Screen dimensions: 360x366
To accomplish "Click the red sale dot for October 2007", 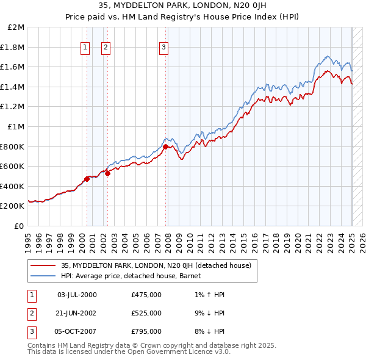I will (x=165, y=146).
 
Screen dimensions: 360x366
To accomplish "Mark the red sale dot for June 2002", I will (x=107, y=173).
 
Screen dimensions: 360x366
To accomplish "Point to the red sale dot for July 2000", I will (x=87, y=179).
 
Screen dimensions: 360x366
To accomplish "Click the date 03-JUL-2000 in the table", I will (x=76, y=295).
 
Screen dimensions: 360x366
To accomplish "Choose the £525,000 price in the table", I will (x=146, y=313).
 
